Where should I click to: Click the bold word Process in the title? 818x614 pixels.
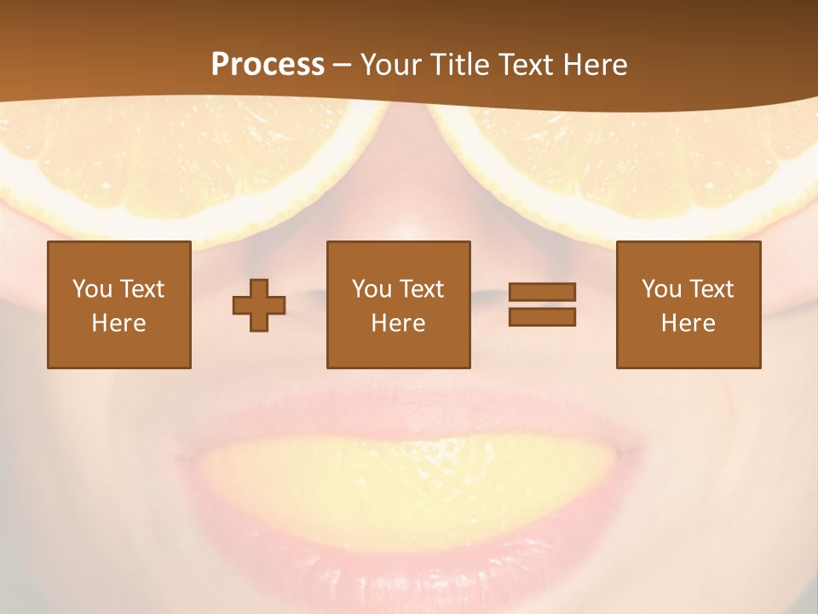[268, 65]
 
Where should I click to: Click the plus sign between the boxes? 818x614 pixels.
[259, 305]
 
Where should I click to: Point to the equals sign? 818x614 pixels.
[542, 304]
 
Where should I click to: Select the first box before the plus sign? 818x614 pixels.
[118, 304]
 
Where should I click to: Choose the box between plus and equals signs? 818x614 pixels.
[398, 304]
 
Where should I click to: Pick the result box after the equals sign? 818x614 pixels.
[688, 304]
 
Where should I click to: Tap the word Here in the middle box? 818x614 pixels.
[398, 323]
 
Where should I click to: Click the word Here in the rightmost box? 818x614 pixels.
[688, 323]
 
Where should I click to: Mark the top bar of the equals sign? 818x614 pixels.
[542, 292]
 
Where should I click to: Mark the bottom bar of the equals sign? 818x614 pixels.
[542, 317]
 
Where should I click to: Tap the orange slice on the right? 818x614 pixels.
[631, 162]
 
